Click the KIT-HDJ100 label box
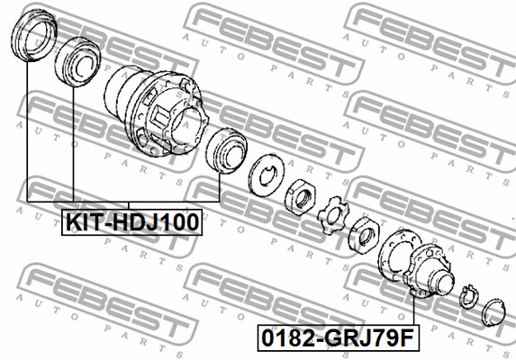click(x=131, y=222)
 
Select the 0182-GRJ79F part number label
click(x=339, y=337)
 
